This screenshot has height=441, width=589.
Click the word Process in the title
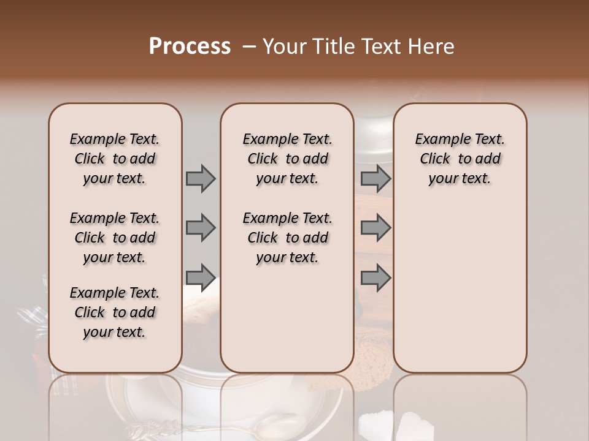point(190,47)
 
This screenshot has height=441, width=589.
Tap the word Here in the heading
point(433,47)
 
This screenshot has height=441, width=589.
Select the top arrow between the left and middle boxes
point(201,178)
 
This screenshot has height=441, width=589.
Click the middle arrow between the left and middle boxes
point(201,228)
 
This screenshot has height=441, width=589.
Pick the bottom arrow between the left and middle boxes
point(201,277)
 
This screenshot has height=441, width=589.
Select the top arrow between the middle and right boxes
point(375,178)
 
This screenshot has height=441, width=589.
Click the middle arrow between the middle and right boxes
point(375,228)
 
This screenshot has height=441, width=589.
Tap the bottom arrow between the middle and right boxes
point(375,277)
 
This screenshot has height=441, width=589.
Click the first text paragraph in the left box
point(115,159)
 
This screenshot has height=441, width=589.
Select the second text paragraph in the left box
point(115,238)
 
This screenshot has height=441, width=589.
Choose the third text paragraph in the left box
point(115,312)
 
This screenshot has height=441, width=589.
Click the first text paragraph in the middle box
point(287,159)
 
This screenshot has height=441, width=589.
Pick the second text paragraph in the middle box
point(287,238)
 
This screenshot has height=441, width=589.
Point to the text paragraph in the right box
point(460,159)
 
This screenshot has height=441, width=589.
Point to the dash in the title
point(249,47)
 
